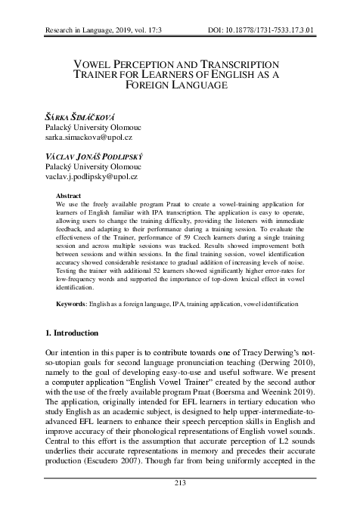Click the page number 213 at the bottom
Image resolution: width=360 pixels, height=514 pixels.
coord(179,503)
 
